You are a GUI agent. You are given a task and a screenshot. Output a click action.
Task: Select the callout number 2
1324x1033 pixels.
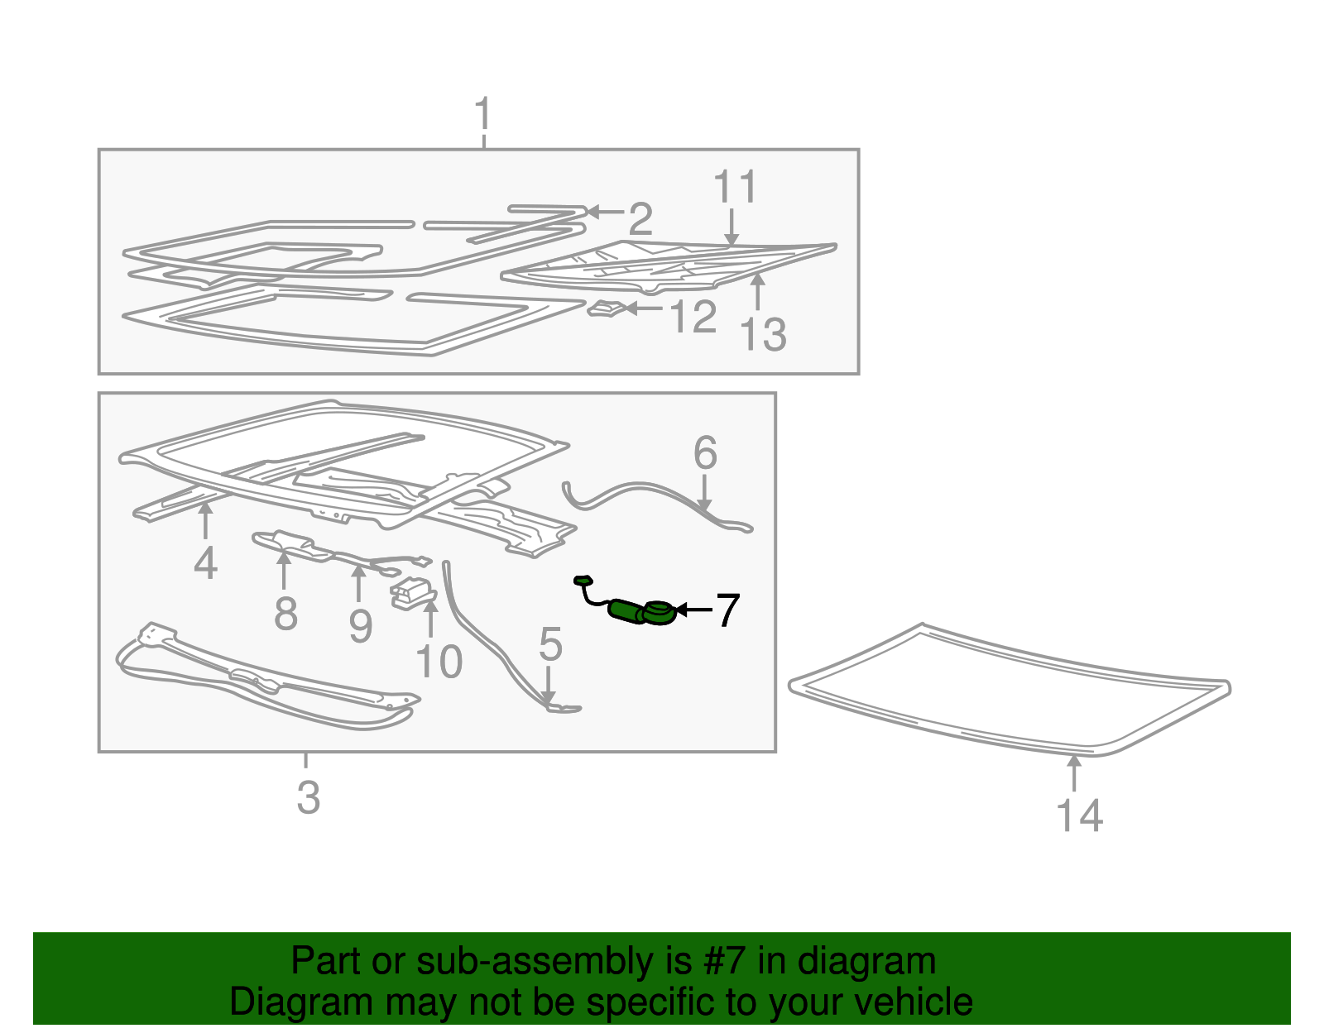pos(640,219)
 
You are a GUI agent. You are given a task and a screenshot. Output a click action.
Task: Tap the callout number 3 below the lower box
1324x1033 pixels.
pos(309,797)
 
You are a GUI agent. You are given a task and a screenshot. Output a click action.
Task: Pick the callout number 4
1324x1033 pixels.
pos(206,563)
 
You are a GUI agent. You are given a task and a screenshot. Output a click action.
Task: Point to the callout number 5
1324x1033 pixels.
pos(550,644)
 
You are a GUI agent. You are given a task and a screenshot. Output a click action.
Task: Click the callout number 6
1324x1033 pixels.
pos(705,453)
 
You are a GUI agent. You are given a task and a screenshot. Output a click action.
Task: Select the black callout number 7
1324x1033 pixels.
pos(727,610)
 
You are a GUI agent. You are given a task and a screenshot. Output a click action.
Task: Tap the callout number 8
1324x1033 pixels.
pos(285,614)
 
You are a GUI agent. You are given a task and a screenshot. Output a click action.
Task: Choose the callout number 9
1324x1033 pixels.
pos(361,626)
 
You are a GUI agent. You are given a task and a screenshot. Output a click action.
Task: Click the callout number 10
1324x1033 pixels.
pos(439,662)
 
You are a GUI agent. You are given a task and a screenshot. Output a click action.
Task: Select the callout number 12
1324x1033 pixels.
pos(693,317)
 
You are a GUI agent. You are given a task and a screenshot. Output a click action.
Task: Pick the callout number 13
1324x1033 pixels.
pos(763,334)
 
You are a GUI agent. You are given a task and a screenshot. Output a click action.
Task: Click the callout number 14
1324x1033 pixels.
pos(1079,815)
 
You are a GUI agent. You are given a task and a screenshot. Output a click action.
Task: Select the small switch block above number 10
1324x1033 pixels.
pos(412,593)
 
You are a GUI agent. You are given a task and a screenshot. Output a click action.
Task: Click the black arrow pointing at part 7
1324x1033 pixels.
pos(693,610)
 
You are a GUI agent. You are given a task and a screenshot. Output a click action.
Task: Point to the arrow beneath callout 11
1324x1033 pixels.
pos(732,227)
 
